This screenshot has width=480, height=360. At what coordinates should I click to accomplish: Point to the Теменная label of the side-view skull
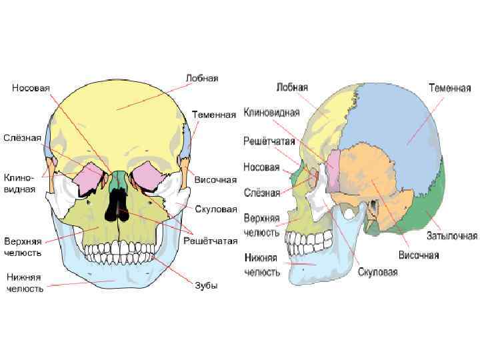pos(449,88)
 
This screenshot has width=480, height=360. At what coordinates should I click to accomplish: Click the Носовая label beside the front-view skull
pos(31,88)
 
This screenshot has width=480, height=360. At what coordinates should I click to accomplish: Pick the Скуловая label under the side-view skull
pos(377,271)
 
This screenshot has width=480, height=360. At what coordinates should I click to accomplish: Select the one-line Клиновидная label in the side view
pos(271,112)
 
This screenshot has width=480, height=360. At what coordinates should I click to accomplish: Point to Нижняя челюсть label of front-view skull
pos(25,282)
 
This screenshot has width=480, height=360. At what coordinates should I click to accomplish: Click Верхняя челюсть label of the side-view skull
pos(261,224)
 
